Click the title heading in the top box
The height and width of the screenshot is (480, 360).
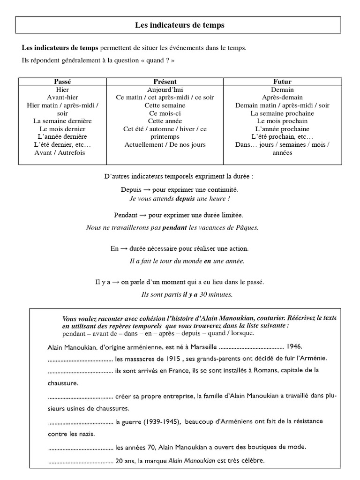(x=180, y=25)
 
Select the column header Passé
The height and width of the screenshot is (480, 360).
(x=62, y=82)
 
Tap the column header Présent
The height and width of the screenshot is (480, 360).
(x=165, y=82)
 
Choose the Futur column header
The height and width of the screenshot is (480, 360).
(x=282, y=82)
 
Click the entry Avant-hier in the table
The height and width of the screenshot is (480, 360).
(x=62, y=97)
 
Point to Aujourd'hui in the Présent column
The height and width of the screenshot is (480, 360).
(x=165, y=90)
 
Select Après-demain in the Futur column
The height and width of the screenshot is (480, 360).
(x=282, y=97)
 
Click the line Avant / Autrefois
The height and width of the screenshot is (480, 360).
(x=60, y=153)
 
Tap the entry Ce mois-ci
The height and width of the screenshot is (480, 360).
(x=165, y=113)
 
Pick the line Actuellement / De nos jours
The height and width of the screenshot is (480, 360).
(x=165, y=145)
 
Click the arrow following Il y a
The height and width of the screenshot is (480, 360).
(x=115, y=282)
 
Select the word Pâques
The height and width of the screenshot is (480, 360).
(x=247, y=228)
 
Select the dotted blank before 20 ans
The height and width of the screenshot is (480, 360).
(x=81, y=461)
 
